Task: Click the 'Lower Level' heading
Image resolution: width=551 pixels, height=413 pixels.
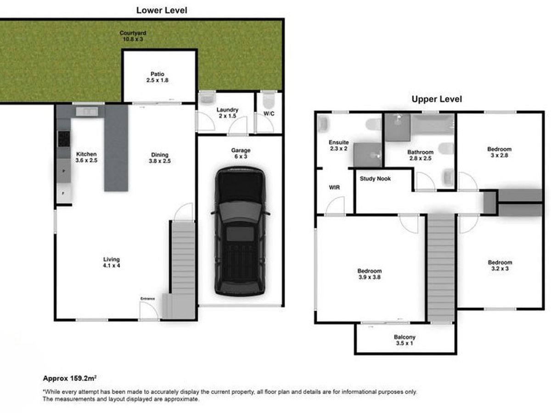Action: click(162, 10)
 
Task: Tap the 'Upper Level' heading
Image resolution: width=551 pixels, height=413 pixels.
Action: click(437, 99)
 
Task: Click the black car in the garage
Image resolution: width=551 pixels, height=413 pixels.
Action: click(240, 231)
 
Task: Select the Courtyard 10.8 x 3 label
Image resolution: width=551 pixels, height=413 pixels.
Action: click(133, 36)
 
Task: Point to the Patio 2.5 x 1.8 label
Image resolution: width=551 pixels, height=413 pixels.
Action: click(157, 77)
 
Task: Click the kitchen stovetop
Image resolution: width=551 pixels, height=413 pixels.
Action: click(64, 139)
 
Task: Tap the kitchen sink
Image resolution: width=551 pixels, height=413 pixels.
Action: click(87, 112)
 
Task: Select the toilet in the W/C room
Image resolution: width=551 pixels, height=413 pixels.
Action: click(269, 100)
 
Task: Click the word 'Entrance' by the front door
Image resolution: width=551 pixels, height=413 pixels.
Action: click(147, 299)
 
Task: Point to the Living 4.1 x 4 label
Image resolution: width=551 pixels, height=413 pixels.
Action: click(112, 262)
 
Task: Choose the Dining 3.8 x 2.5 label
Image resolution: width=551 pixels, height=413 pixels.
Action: click(160, 158)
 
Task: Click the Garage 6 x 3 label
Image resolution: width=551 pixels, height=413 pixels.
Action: click(241, 153)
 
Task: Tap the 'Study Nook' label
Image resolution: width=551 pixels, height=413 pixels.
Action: click(375, 179)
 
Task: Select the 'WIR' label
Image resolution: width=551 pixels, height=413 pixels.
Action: click(334, 187)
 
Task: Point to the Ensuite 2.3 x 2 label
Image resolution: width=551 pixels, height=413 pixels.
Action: click(338, 145)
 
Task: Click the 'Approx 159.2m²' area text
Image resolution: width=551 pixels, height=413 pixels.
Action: click(70, 378)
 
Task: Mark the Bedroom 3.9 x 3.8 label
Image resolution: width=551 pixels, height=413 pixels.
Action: click(370, 274)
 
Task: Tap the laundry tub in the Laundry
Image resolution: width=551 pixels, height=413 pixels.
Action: click(207, 98)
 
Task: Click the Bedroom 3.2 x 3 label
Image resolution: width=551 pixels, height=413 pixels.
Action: click(500, 266)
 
